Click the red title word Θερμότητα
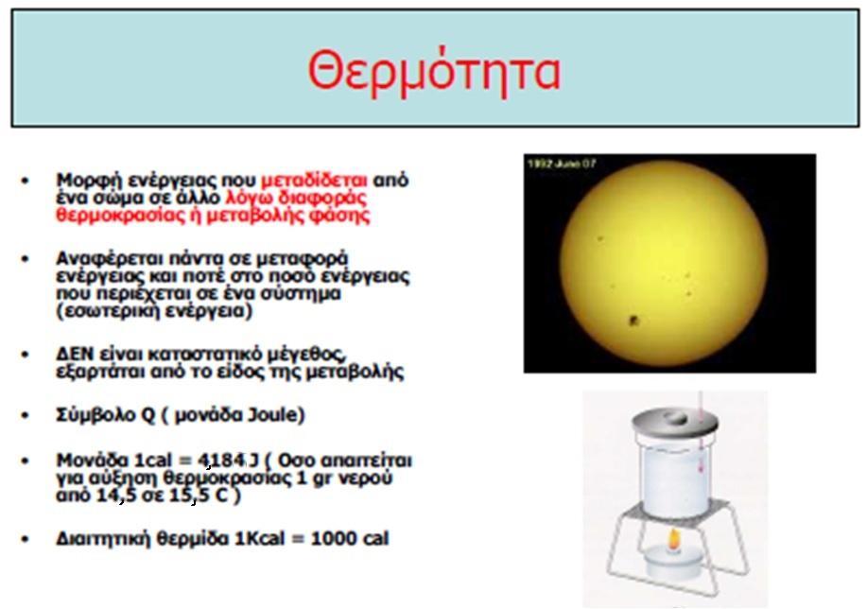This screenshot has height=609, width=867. [434, 71]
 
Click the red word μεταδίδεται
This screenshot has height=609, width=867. [314, 181]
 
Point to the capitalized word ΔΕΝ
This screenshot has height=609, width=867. [74, 354]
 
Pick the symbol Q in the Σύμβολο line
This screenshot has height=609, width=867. [147, 415]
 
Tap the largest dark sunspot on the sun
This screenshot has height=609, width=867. [633, 321]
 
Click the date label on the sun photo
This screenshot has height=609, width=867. [562, 164]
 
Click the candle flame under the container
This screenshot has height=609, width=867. [673, 539]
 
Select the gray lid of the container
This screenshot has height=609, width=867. [675, 422]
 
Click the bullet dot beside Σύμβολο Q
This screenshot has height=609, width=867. [25, 415]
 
